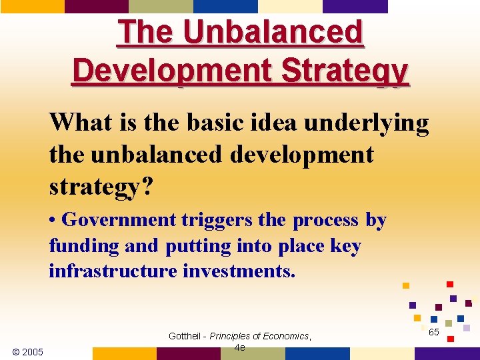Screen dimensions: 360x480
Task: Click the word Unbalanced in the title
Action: pyautogui.click(x=274, y=32)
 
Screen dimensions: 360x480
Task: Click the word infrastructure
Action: pyautogui.click(x=113, y=271)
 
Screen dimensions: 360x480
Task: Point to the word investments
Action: pyautogui.click(x=239, y=271)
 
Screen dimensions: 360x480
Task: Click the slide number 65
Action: pyautogui.click(x=433, y=332)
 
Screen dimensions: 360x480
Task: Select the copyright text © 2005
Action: pyautogui.click(x=27, y=351)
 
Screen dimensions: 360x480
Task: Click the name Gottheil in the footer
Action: pyautogui.click(x=186, y=336)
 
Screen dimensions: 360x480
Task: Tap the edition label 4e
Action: pyautogui.click(x=240, y=347)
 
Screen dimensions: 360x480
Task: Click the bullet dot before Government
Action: pyautogui.click(x=53, y=221)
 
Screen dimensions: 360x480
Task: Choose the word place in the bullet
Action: pyautogui.click(x=299, y=247)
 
